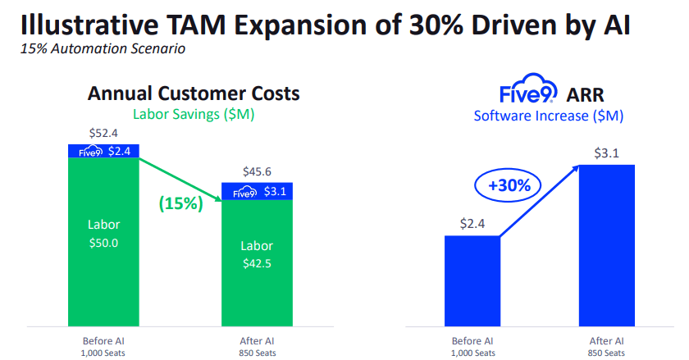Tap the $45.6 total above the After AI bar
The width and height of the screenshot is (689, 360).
click(257, 171)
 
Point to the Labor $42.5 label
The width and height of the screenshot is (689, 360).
click(257, 253)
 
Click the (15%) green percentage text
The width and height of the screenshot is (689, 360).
click(180, 203)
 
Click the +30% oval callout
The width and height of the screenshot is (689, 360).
click(509, 185)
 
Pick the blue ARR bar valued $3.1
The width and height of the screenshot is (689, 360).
click(606, 246)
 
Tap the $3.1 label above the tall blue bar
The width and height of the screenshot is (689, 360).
click(606, 152)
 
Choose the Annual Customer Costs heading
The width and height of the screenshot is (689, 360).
click(194, 93)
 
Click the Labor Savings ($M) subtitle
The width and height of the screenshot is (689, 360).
click(194, 114)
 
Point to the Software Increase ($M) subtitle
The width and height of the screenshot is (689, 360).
click(549, 116)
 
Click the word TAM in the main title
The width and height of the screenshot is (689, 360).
click(204, 22)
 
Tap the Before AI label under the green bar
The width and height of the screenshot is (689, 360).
click(103, 340)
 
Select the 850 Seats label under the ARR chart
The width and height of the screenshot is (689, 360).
click(606, 353)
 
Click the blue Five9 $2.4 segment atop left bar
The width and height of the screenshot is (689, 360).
click(103, 151)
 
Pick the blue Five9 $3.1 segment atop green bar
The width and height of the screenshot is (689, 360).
click(257, 191)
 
